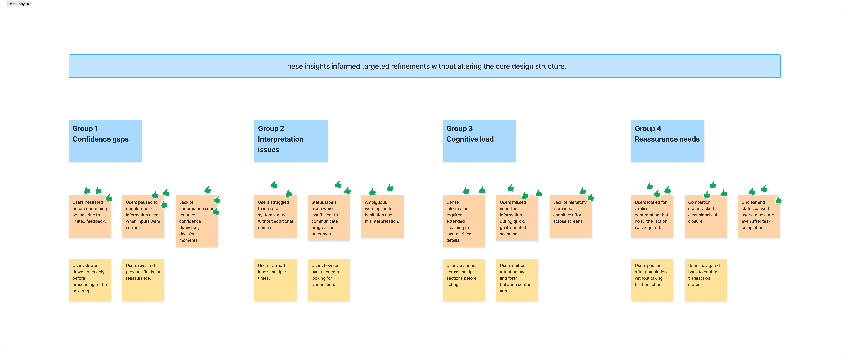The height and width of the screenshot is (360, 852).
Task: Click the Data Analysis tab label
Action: point(19,4)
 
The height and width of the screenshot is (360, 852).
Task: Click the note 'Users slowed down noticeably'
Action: point(90,280)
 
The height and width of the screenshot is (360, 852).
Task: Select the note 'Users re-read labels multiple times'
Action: point(275,280)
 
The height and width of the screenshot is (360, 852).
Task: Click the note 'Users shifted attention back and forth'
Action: point(517,280)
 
